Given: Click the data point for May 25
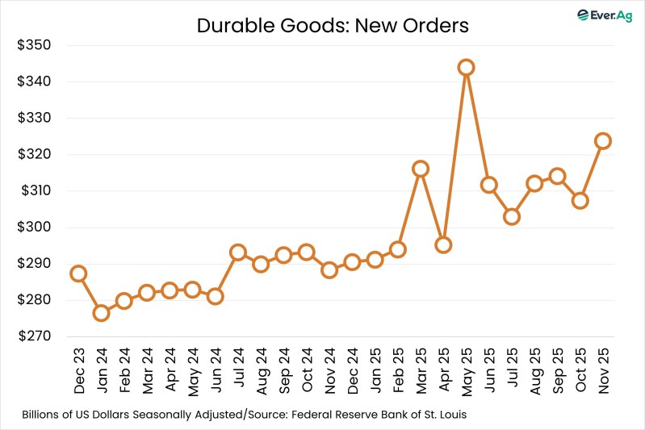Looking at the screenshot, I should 466,67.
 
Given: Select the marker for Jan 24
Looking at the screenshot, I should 101,313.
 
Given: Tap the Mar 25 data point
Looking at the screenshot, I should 420,169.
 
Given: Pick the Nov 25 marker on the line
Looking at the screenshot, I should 602,141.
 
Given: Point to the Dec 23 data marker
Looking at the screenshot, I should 78,273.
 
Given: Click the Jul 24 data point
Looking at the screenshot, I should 237,253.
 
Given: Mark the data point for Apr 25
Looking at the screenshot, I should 443,244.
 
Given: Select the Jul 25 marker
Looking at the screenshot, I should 511,216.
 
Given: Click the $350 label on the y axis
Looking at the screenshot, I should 34,45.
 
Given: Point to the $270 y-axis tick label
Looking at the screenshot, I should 34,336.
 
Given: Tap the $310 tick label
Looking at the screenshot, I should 34,191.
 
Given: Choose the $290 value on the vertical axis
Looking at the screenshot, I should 34,264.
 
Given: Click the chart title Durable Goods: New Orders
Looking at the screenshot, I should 333,25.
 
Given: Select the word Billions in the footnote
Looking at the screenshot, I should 47,415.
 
